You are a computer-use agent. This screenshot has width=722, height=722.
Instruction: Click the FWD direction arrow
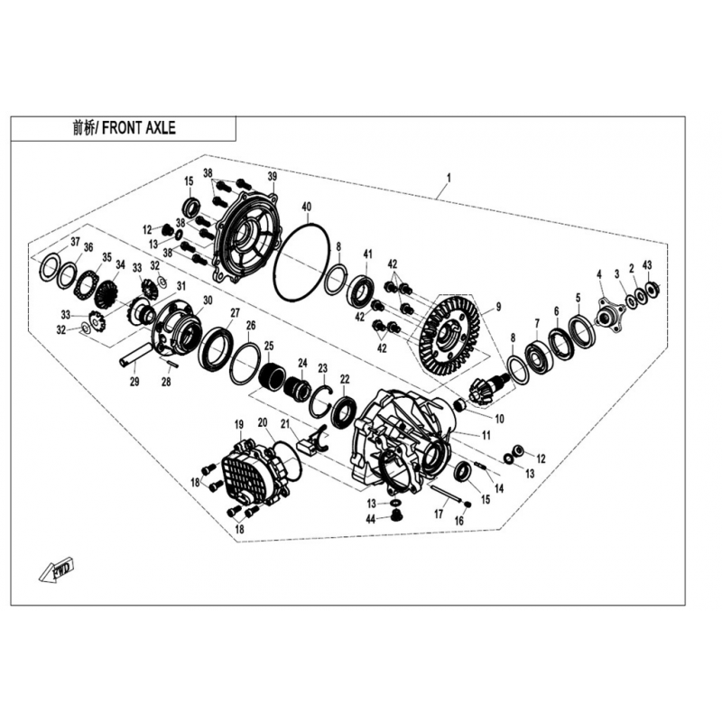click(x=56, y=570)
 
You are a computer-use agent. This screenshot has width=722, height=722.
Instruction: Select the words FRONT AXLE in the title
click(x=139, y=128)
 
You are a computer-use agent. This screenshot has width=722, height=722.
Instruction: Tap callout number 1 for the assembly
click(x=449, y=177)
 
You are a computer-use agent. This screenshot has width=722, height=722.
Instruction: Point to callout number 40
click(x=307, y=207)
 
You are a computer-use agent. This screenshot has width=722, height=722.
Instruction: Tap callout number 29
click(x=134, y=382)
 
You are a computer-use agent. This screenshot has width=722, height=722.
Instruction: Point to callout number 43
click(x=647, y=265)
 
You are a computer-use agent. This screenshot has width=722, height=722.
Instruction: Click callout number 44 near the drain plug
click(x=371, y=520)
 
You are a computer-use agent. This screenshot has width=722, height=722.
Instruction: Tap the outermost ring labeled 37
click(x=51, y=266)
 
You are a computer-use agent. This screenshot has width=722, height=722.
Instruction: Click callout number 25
click(x=268, y=346)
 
